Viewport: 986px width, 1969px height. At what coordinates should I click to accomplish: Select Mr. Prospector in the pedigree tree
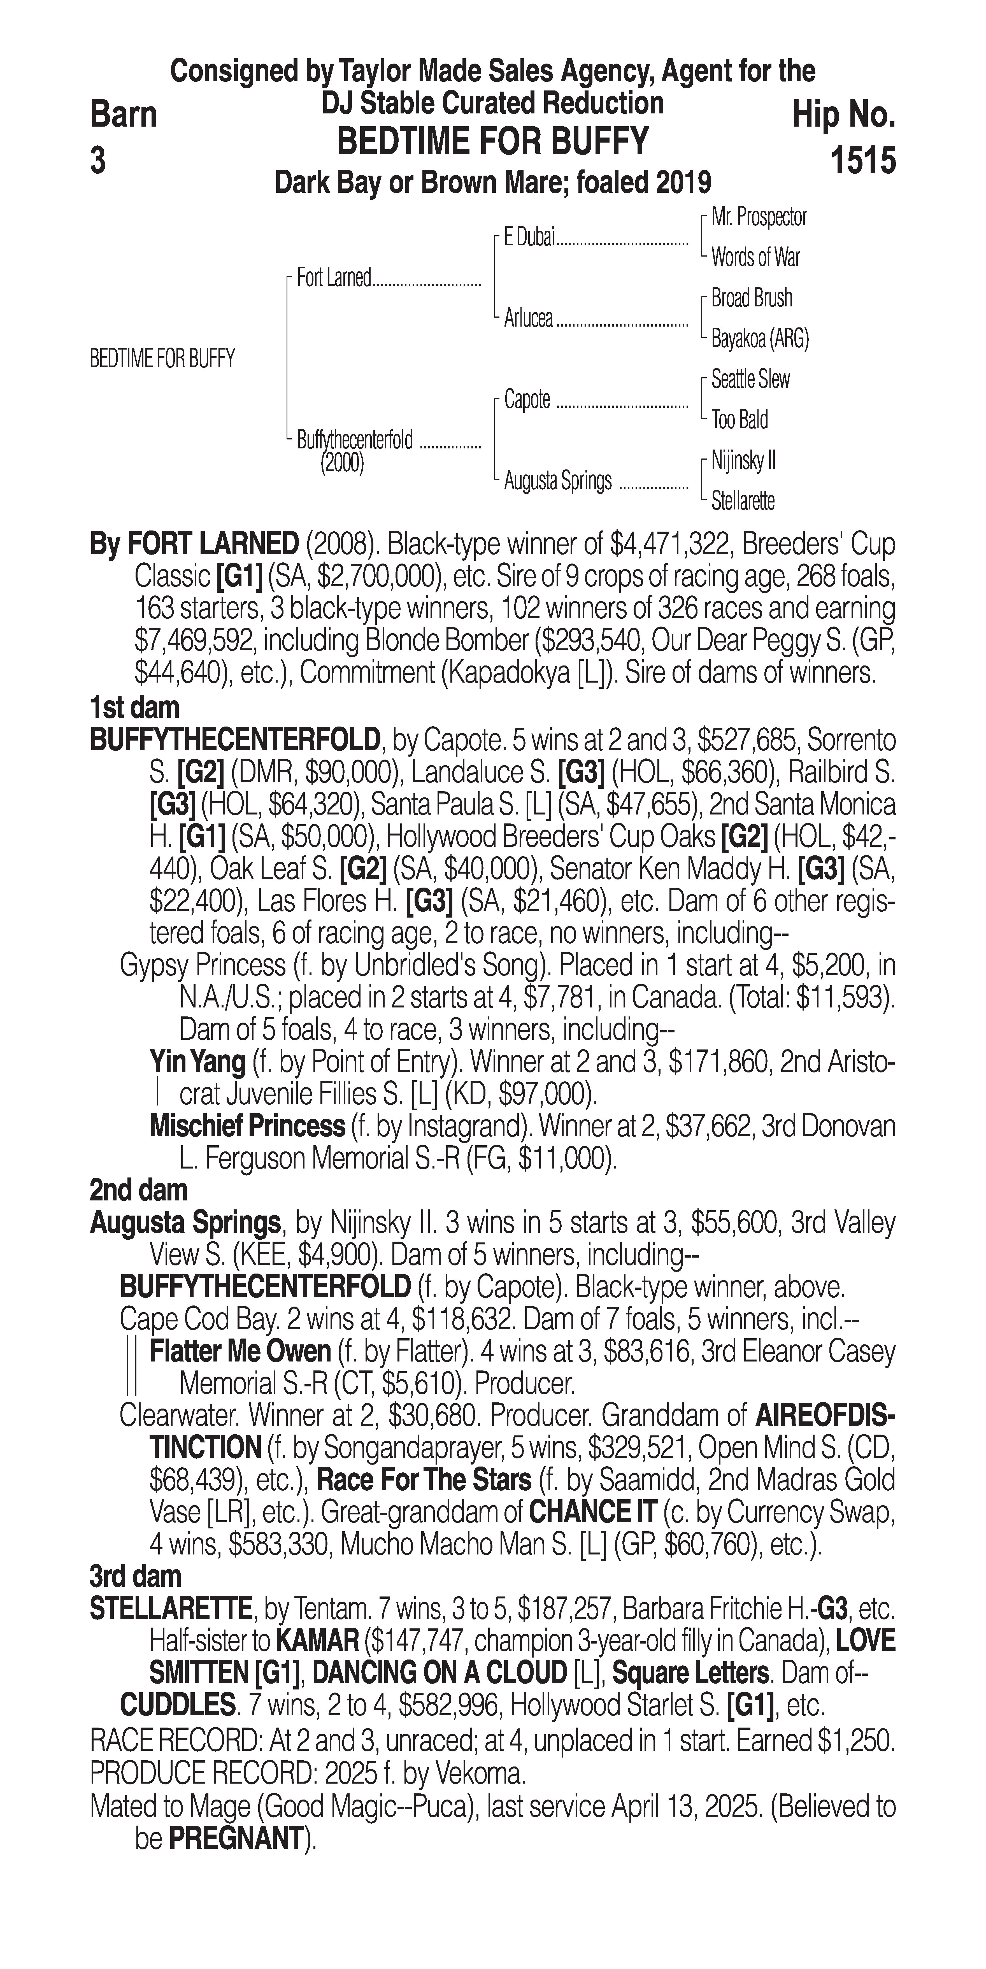(758, 217)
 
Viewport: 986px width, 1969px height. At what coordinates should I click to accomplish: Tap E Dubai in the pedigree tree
(529, 238)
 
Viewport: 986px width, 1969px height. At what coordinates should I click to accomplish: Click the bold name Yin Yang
(197, 1062)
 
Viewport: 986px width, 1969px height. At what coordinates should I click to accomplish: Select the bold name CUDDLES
(177, 1705)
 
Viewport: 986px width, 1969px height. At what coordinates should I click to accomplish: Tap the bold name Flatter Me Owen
(240, 1351)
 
